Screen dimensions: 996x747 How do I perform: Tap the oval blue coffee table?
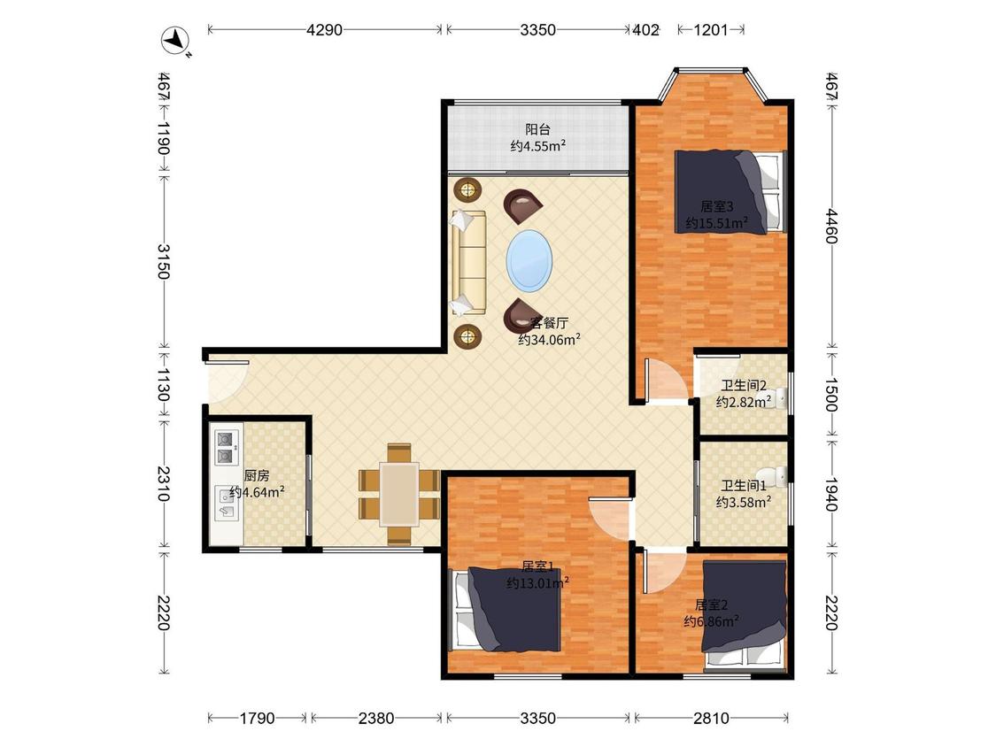coord(529,260)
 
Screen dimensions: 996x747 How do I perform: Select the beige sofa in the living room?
coord(468,262)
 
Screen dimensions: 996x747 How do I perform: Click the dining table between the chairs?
coord(399,494)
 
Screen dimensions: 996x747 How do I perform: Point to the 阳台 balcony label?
coord(537,129)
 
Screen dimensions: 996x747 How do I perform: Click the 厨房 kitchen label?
coord(257,476)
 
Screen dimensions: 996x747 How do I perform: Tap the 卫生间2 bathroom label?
coord(743,386)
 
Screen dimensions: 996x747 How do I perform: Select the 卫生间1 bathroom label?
coord(743,486)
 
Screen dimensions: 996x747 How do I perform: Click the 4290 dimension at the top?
coord(325,30)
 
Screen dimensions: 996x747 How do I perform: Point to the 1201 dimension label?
coord(711,30)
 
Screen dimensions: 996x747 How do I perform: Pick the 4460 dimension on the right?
coord(831,226)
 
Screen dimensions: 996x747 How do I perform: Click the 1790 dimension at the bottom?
coord(258,719)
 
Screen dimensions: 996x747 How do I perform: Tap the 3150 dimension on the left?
coord(163,261)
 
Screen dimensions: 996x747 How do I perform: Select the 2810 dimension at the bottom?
coord(711,719)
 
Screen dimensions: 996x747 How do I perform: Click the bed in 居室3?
coord(730,192)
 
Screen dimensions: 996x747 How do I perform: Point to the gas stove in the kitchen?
coord(226,447)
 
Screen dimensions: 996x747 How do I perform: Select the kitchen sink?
coord(227,503)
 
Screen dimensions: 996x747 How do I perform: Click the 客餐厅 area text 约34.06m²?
coord(550,340)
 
